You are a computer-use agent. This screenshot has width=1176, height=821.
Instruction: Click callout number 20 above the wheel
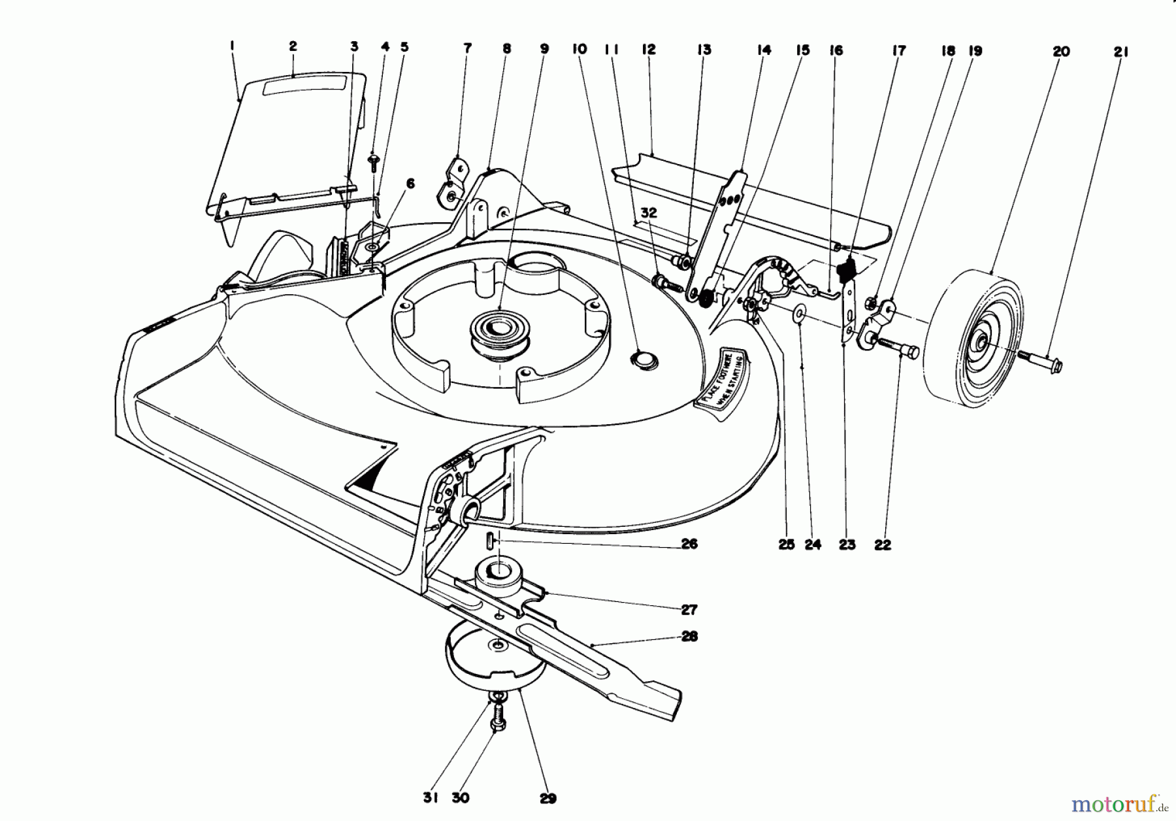[x=1061, y=52]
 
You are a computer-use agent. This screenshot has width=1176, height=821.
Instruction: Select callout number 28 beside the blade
[x=689, y=636]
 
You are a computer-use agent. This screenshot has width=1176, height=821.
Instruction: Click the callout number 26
[x=689, y=544]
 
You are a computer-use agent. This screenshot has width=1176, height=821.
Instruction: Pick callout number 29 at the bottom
[x=547, y=798]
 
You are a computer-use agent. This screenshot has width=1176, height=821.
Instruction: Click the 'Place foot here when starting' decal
[x=721, y=379]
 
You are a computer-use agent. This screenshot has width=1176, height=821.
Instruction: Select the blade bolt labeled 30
[x=497, y=722]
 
